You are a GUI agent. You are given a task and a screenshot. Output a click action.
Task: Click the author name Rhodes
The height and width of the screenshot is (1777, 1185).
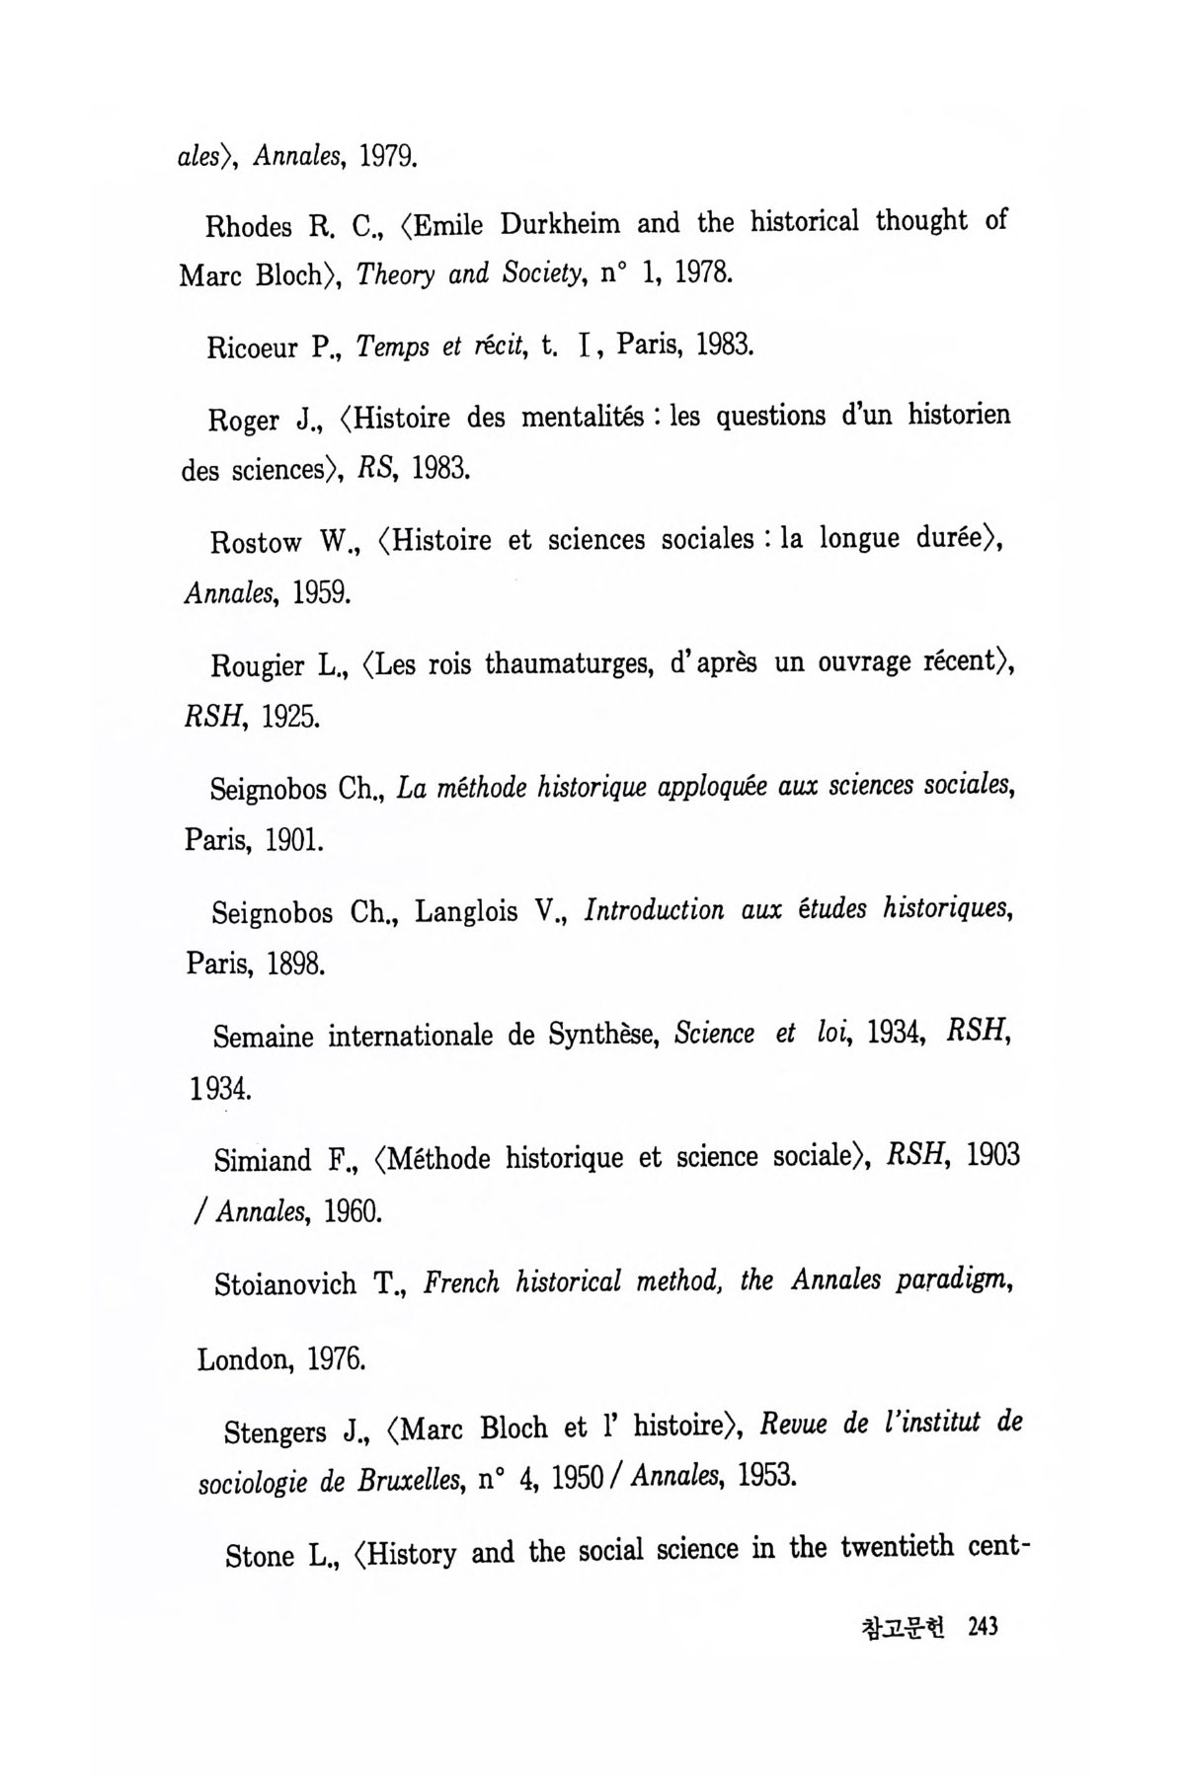pos(249,227)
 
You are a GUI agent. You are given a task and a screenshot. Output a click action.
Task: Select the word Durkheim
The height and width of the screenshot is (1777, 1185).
pos(560,224)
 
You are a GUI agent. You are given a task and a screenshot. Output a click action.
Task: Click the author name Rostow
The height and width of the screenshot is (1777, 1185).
pos(256,542)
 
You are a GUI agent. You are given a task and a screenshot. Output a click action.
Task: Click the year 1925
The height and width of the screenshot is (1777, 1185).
pos(290,716)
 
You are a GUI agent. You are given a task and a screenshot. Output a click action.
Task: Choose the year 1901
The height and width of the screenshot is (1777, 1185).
pos(293,840)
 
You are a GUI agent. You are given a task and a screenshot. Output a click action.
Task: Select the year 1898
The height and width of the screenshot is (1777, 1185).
pos(295,964)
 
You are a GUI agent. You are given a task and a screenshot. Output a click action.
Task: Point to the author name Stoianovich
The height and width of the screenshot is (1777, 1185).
pos(285,1284)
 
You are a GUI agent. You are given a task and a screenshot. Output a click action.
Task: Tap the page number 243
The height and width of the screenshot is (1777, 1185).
pos(984,1626)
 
